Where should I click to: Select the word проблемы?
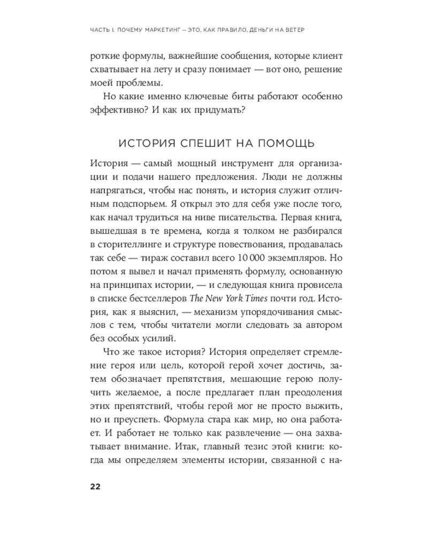point(140,83)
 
